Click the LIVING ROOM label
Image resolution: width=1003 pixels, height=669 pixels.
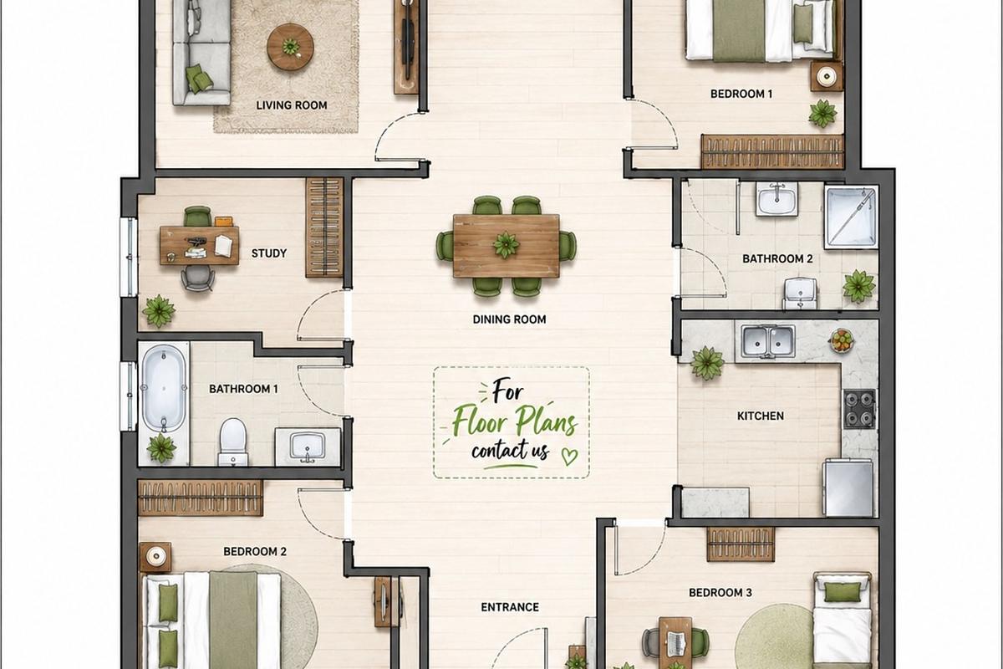292,105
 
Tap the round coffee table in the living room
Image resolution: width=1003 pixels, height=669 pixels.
290,47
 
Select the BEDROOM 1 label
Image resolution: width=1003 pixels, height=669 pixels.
741,94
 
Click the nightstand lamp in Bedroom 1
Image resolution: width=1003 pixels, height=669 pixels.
826,77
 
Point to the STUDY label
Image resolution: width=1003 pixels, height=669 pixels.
268,253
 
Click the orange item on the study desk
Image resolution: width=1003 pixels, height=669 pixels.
224,222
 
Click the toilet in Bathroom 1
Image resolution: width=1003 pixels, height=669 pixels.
233,442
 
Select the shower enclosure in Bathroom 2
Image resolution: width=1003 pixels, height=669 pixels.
851,217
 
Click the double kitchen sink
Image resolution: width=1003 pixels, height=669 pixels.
767,342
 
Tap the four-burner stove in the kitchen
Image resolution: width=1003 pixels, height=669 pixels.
859,408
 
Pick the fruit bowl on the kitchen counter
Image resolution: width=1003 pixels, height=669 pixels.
842,340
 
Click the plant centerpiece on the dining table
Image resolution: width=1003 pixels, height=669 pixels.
506,245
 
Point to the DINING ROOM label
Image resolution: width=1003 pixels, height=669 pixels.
509,319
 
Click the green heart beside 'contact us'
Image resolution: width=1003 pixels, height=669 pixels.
570,457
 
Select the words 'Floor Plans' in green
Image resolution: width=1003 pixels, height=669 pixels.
513,421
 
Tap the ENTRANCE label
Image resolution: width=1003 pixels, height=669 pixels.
510,607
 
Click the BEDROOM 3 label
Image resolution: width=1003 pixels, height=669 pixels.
720,593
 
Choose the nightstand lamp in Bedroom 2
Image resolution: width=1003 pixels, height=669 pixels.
155,557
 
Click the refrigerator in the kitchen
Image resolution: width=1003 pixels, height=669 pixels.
848,488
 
